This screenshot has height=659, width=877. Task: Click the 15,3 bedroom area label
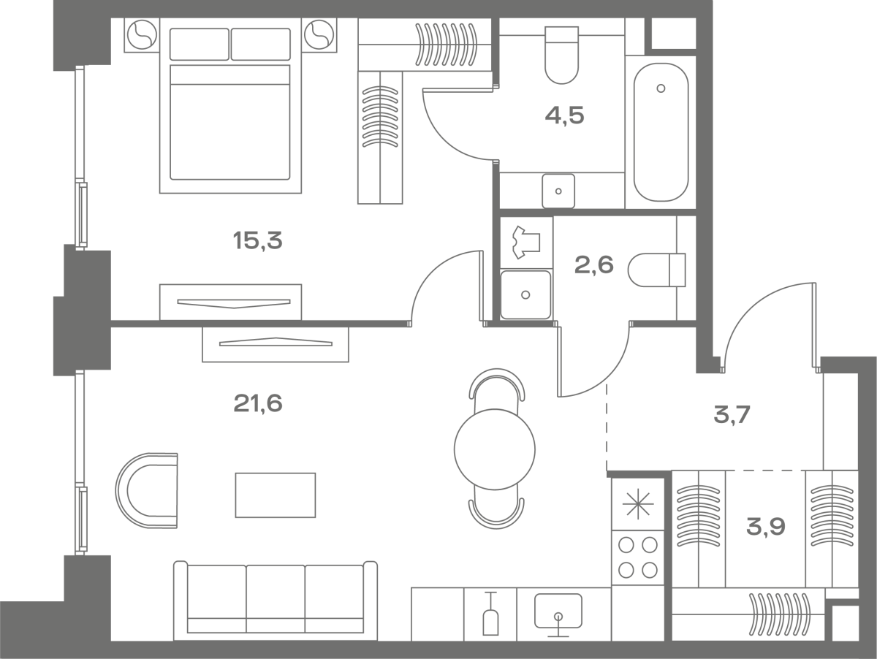tap(258, 241)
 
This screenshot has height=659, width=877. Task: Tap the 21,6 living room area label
tap(258, 403)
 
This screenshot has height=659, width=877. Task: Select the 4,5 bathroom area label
tap(564, 116)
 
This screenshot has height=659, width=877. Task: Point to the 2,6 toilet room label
tap(593, 265)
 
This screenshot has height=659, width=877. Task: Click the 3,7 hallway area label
tap(732, 414)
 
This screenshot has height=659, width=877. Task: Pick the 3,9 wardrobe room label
tap(765, 527)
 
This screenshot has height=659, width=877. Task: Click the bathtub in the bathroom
tap(661, 132)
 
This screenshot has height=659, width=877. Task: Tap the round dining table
tap(495, 449)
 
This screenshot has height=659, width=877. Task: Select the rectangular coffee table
tap(276, 495)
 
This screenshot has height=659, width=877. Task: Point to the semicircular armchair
tap(147, 490)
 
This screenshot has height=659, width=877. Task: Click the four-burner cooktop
tap(638, 557)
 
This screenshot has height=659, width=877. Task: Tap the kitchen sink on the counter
tap(558, 611)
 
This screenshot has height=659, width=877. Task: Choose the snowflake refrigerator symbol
tap(638, 504)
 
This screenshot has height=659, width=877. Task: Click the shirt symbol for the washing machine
tap(526, 242)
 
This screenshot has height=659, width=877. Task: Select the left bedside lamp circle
tap(142, 35)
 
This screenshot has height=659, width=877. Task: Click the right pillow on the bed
tap(260, 45)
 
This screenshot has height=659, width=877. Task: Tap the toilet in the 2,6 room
tap(656, 270)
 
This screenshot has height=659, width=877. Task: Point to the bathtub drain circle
tap(661, 88)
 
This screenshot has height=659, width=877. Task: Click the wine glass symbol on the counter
tap(490, 614)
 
